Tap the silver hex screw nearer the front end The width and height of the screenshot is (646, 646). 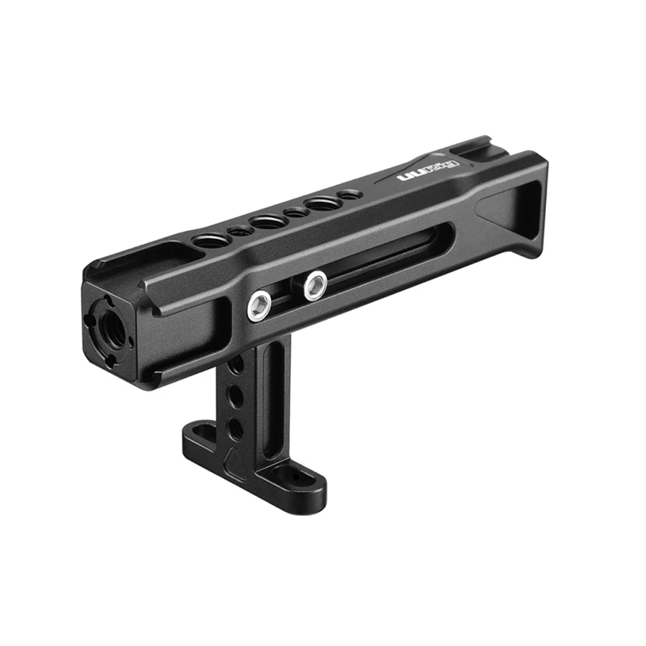pyautogui.click(x=258, y=306)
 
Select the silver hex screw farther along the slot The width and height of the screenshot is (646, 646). pyautogui.click(x=315, y=284)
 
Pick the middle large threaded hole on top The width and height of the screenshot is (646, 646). pyautogui.click(x=267, y=221)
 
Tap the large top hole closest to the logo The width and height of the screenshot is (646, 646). pyautogui.click(x=322, y=203)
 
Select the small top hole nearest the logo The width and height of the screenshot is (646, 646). pyautogui.click(x=349, y=195)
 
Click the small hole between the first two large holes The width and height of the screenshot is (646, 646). pyautogui.click(x=240, y=231)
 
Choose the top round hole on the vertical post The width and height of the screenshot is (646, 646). pyautogui.click(x=236, y=367)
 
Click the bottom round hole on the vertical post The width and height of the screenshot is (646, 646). pyautogui.click(x=235, y=427)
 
